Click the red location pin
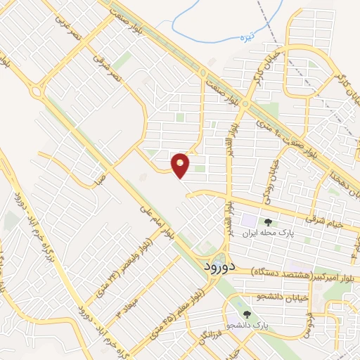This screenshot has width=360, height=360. (181, 165)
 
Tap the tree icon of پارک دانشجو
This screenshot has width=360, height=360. (246, 314)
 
